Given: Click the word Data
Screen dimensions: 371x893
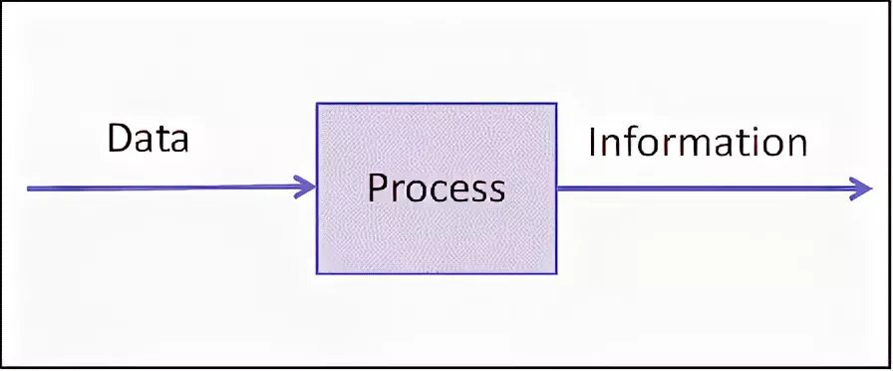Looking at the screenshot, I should point(148,139).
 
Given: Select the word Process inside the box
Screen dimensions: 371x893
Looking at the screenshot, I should point(436,187).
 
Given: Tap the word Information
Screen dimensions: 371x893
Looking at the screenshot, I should point(697,143).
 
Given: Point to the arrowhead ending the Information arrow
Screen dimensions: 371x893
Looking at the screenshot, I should point(862,187).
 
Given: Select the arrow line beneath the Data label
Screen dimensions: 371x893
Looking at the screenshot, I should point(159,187).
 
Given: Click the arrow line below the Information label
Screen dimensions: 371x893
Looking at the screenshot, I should point(698,187).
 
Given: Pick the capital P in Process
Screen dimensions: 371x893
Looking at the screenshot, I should point(376,187).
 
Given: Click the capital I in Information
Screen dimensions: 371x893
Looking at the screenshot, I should point(592,143).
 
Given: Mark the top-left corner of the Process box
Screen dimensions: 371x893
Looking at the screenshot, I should point(318,103).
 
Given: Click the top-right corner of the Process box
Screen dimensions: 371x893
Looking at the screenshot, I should point(556,103).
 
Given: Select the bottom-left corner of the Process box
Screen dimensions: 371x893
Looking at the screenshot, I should point(318,272).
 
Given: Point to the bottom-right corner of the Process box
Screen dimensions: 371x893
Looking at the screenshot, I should point(556,272).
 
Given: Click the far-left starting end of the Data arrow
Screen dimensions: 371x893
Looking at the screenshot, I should point(28,187).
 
